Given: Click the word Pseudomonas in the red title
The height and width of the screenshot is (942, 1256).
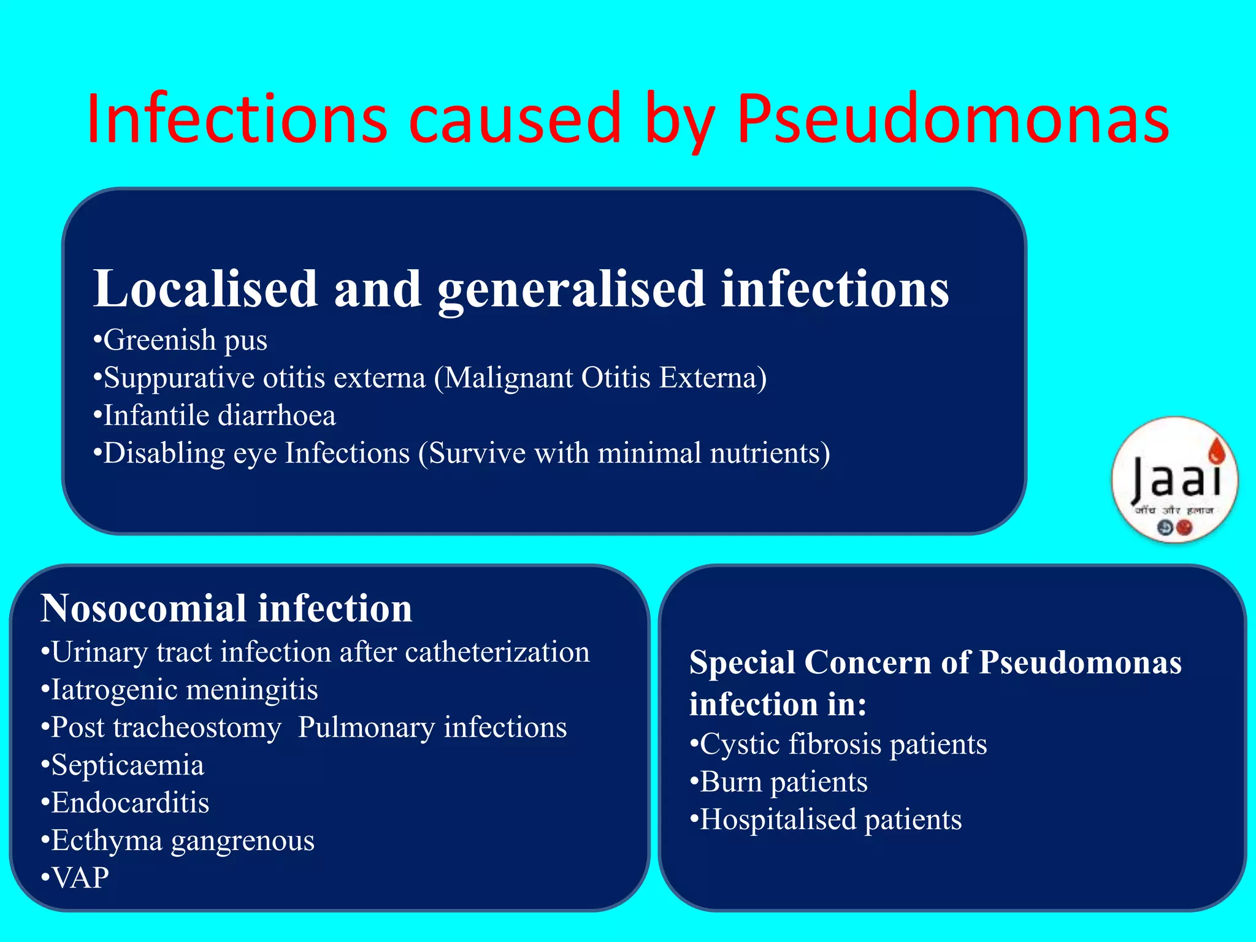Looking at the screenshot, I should pyautogui.click(x=952, y=120).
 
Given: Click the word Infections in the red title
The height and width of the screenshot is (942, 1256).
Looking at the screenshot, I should pyautogui.click(x=237, y=120).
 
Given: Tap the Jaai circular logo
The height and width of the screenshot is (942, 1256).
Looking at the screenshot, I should pyautogui.click(x=1174, y=480).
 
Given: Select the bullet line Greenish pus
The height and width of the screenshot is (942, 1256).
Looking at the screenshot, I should pyautogui.click(x=180, y=340).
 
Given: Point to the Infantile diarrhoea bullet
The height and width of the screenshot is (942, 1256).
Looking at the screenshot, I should pyautogui.click(x=215, y=416).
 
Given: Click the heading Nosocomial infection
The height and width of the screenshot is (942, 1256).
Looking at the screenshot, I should pyautogui.click(x=226, y=608).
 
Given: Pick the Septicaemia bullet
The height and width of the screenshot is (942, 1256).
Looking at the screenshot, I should pyautogui.click(x=123, y=765).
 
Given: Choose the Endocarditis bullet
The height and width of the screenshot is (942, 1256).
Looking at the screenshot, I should pyautogui.click(x=125, y=803).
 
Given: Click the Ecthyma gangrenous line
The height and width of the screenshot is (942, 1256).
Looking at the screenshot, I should pyautogui.click(x=178, y=841).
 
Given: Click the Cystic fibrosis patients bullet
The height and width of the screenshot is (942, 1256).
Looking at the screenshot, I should pyautogui.click(x=838, y=745).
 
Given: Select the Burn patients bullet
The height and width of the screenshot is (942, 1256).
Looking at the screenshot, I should pyautogui.click(x=779, y=783).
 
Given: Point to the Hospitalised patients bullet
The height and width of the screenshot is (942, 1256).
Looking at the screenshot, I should pyautogui.click(x=826, y=820).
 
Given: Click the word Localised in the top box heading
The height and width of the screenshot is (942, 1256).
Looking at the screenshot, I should pyautogui.click(x=205, y=289).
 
